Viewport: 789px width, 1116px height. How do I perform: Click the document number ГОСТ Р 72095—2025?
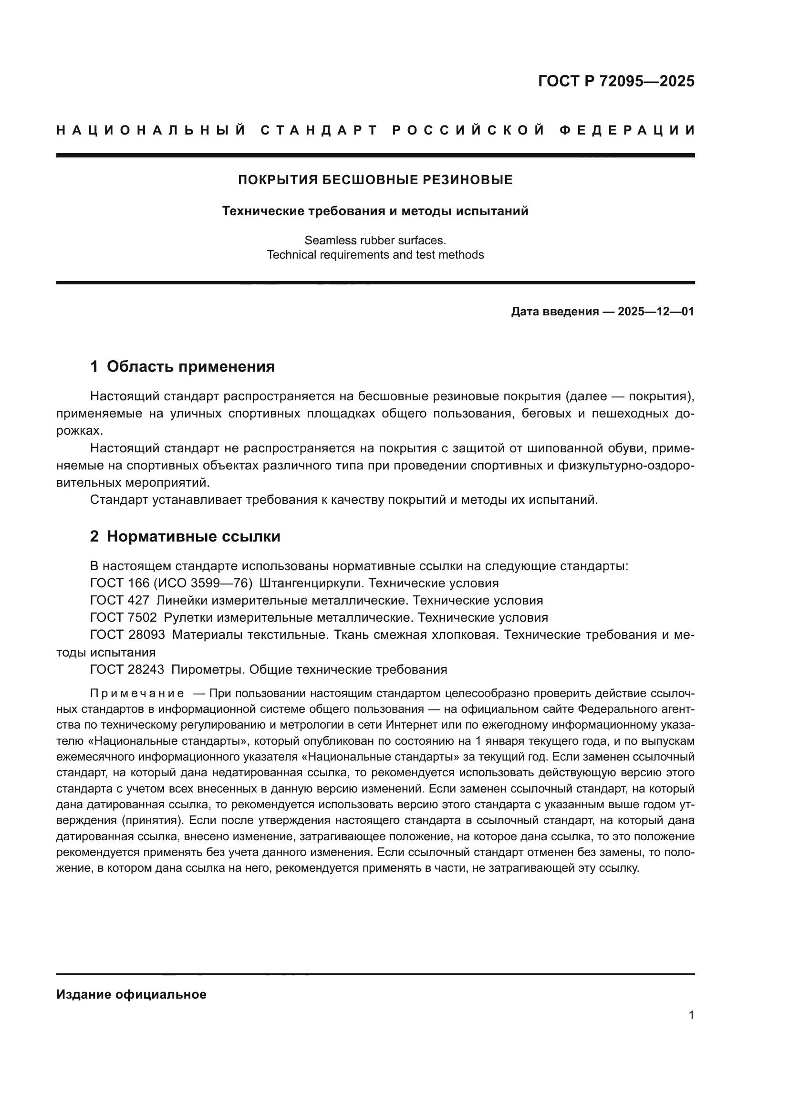(615, 81)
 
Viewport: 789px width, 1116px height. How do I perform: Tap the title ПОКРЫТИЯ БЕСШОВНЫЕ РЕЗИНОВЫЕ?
(375, 180)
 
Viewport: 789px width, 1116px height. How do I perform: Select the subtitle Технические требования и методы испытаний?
(375, 211)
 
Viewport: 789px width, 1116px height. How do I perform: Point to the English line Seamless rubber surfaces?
(375, 240)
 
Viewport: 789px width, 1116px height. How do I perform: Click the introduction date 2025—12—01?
(655, 312)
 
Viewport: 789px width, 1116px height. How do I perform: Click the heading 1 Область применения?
(183, 366)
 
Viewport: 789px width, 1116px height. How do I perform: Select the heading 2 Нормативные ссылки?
(185, 537)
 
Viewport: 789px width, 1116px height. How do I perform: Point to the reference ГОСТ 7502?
(124, 618)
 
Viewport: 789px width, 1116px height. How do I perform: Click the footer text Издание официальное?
(131, 994)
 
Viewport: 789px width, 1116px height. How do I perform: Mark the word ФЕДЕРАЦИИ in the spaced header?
(627, 130)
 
